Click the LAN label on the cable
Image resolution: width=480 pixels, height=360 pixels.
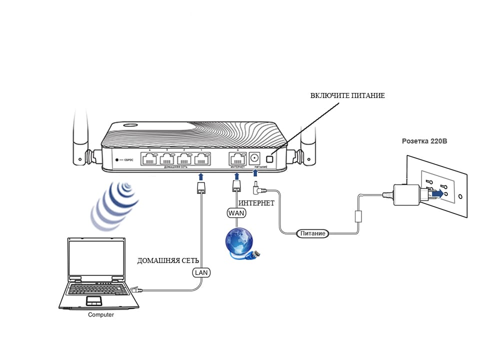pos(201,272)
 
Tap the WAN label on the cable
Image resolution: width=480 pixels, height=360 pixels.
pos(236,213)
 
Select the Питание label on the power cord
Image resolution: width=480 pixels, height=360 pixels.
pos(313,233)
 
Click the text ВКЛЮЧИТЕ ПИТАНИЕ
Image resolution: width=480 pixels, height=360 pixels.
pos(347,95)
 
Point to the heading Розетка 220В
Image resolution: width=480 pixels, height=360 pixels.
pos(424,141)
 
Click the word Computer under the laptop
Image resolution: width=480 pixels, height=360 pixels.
pos(101,315)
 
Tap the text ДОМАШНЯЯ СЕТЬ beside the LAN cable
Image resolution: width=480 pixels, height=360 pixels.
pos(168,261)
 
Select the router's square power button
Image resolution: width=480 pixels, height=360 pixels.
pos(269,159)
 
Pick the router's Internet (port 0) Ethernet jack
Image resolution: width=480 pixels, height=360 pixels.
pos(236,159)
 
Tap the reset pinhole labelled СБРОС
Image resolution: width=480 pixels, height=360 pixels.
pos(117,160)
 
